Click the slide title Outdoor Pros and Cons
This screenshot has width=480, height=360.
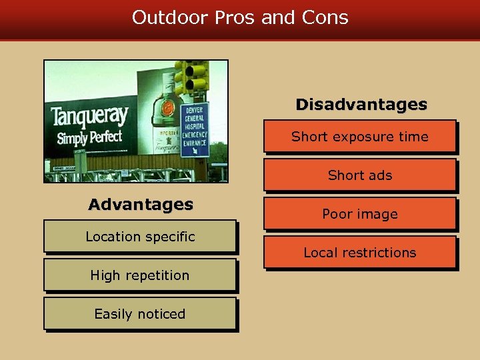240,17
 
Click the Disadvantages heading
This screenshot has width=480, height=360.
361,105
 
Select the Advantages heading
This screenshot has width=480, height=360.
141,204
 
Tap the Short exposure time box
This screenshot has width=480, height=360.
359,137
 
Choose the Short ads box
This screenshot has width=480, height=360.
359,175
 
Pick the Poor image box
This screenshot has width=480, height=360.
359,214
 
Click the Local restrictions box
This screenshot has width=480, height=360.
359,253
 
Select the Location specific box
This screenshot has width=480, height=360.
140,237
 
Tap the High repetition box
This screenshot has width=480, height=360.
140,275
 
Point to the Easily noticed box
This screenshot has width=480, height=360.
140,314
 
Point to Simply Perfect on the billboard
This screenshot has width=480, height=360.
89,138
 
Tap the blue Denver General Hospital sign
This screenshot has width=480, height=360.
195,129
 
